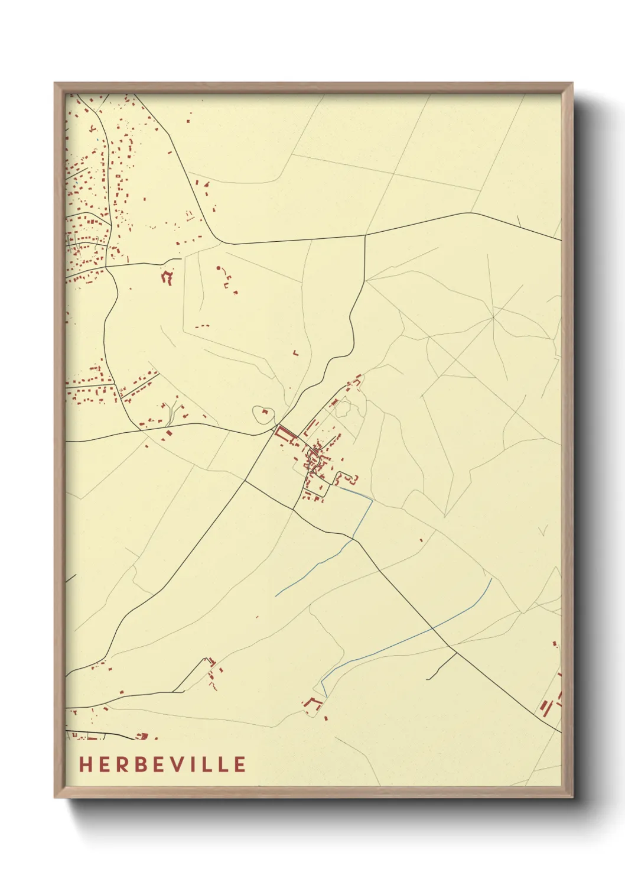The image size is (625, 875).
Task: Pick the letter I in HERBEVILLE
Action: (x=198, y=764)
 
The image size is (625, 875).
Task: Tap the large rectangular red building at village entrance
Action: (x=286, y=435)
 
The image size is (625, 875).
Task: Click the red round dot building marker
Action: (x=219, y=268)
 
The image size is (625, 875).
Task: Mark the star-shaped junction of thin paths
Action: (x=493, y=317)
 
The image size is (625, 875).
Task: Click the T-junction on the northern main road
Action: (x=365, y=235)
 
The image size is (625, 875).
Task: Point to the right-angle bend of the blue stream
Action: (x=372, y=501)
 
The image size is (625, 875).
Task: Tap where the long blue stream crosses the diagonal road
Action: (x=435, y=626)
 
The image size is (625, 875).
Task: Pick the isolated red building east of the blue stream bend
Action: (x=421, y=540)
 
